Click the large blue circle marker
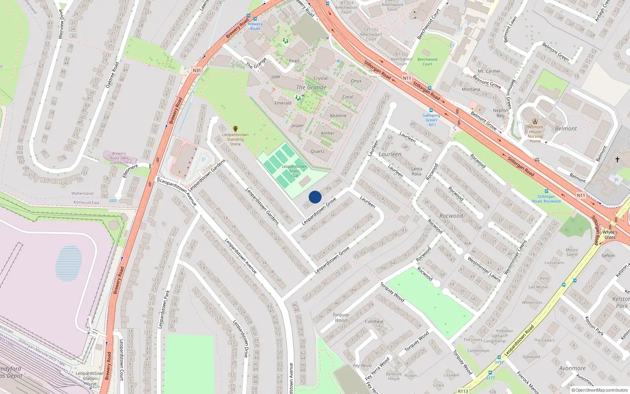coord(315,197)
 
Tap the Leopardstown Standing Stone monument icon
coord(235,129)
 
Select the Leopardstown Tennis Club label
coord(294,171)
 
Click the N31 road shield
coord(197,71)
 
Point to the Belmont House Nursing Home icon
coord(535,121)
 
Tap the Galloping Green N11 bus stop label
coord(431,120)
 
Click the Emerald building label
coord(283,103)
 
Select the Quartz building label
coord(317,151)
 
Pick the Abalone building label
coord(338,115)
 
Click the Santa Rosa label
coord(416,171)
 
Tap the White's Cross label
coord(610,235)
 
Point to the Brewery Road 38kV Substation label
coord(119,158)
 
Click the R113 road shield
coord(463,391)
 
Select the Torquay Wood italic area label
coord(341,318)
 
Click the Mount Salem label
coord(572,252)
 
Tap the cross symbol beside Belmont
coord(617,160)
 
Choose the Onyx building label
coord(356,81)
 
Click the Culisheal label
coord(374,322)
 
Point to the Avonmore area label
coord(572,368)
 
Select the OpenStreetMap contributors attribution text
coord(601,390)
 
